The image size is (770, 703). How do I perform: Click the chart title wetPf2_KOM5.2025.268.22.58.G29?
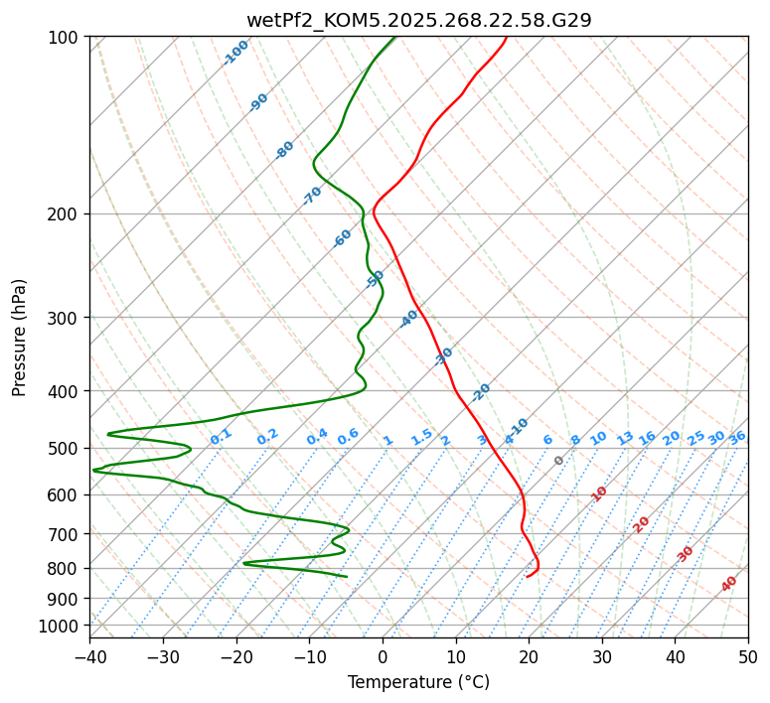click(x=418, y=20)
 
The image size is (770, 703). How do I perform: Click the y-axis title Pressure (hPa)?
click(x=20, y=337)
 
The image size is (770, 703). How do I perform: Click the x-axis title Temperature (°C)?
click(x=418, y=682)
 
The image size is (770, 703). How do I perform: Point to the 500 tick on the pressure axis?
click(x=65, y=448)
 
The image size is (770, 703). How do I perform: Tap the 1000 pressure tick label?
click(x=61, y=626)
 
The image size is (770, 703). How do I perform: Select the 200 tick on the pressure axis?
click(x=65, y=213)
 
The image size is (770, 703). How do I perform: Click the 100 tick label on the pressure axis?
click(x=65, y=37)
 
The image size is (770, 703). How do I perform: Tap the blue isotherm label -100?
click(x=236, y=53)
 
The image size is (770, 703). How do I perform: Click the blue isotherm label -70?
click(x=313, y=196)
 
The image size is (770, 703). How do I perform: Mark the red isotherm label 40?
click(x=729, y=584)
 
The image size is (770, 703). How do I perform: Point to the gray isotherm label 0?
click(x=559, y=461)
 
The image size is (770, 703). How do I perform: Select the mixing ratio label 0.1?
click(x=221, y=436)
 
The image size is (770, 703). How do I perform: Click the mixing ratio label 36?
click(x=737, y=438)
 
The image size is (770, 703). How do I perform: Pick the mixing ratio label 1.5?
click(x=421, y=436)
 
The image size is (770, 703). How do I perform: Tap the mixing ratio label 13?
click(x=625, y=438)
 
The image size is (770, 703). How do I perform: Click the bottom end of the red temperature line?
click(x=527, y=576)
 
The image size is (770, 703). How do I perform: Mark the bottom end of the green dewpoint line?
click(x=347, y=576)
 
